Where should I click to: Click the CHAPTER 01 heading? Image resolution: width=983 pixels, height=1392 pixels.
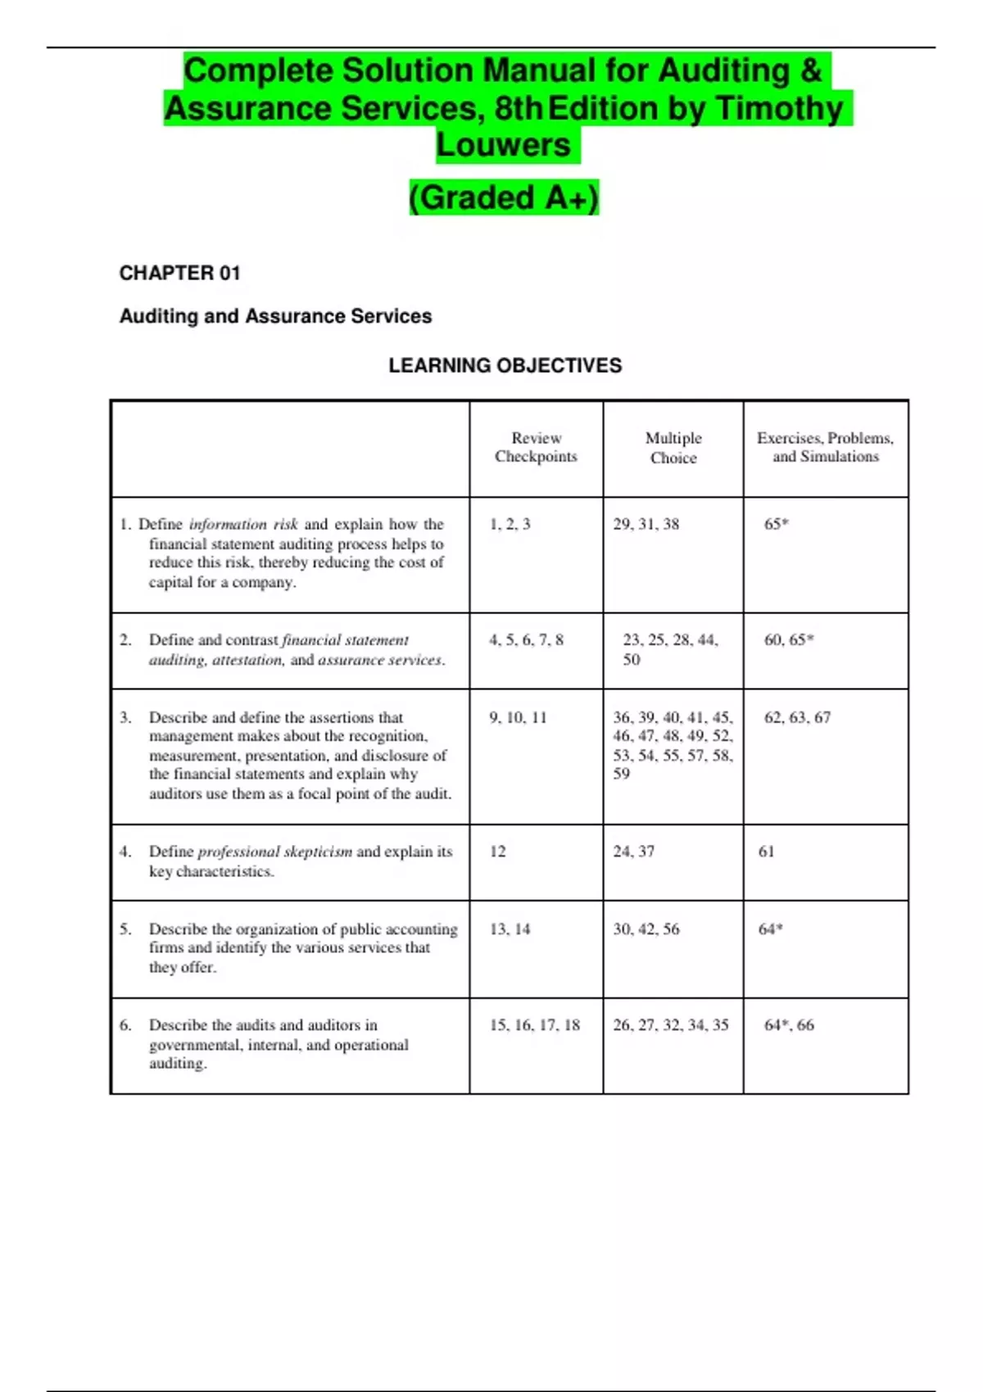pyautogui.click(x=179, y=273)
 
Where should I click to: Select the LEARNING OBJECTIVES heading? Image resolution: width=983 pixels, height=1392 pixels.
pyautogui.click(x=505, y=366)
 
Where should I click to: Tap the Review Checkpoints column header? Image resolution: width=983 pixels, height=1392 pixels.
pyautogui.click(x=536, y=448)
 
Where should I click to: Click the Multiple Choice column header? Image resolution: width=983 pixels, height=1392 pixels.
pyautogui.click(x=673, y=448)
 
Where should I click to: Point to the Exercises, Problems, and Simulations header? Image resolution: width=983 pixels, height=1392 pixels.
pyautogui.click(x=825, y=448)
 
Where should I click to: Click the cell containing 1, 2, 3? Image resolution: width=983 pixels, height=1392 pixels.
pyautogui.click(x=510, y=525)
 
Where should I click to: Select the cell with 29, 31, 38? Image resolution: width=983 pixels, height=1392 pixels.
pyautogui.click(x=646, y=525)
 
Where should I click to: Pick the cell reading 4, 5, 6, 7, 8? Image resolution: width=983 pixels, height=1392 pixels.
pyautogui.click(x=526, y=640)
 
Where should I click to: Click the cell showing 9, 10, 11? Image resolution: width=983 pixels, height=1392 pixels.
pyautogui.click(x=518, y=718)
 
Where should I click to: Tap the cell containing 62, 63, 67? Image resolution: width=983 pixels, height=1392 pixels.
pyautogui.click(x=796, y=718)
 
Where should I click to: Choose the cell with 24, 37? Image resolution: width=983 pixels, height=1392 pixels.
pyautogui.click(x=633, y=852)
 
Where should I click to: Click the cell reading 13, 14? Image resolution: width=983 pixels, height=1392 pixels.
pyautogui.click(x=510, y=929)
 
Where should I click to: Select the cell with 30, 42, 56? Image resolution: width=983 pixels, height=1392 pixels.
pyautogui.click(x=646, y=929)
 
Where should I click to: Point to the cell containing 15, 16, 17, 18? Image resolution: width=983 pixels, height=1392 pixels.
pyautogui.click(x=534, y=1025)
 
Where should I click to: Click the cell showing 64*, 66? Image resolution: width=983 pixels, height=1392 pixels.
pyautogui.click(x=788, y=1025)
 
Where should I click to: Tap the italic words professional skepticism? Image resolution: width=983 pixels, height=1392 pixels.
pyautogui.click(x=274, y=852)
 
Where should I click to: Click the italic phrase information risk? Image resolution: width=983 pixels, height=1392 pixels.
pyautogui.click(x=242, y=525)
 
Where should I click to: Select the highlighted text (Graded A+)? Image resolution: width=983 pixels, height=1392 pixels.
pyautogui.click(x=504, y=198)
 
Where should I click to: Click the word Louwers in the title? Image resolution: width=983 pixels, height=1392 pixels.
pyautogui.click(x=503, y=145)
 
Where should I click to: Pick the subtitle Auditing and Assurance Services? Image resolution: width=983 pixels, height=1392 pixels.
pyautogui.click(x=275, y=317)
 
